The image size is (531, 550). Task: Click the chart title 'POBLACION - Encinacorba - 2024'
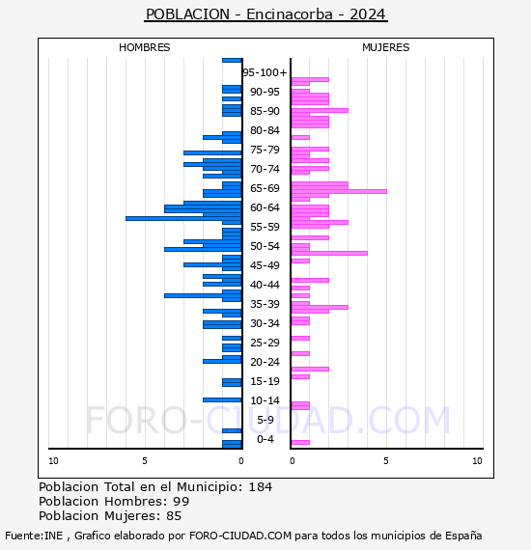pyautogui.click(x=265, y=14)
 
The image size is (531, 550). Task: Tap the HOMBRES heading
pyautogui.click(x=144, y=47)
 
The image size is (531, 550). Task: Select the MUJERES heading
pyautogui.click(x=386, y=47)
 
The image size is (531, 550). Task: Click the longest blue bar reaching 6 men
pyautogui.click(x=183, y=218)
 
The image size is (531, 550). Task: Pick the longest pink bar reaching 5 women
pyautogui.click(x=339, y=191)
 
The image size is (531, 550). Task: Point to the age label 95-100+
pyautogui.click(x=265, y=72)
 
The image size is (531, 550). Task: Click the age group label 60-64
pyautogui.click(x=265, y=207)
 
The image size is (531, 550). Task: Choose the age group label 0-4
pyautogui.click(x=265, y=439)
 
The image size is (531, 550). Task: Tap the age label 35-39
pyautogui.click(x=265, y=304)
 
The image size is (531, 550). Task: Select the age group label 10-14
pyautogui.click(x=265, y=400)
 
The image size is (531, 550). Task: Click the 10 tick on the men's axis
pyautogui.click(x=53, y=461)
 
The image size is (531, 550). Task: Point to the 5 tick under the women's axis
pyautogui.click(x=386, y=461)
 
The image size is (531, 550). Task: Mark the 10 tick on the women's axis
pyautogui.click(x=477, y=461)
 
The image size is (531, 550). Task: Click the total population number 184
pyautogui.click(x=260, y=487)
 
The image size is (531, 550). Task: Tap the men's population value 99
pyautogui.click(x=182, y=502)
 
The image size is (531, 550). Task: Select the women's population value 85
pyautogui.click(x=174, y=516)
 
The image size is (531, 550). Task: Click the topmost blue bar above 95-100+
pyautogui.click(x=232, y=61)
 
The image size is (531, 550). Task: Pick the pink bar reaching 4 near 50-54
pyautogui.click(x=329, y=253)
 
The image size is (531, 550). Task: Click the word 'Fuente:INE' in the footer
pyautogui.click(x=34, y=536)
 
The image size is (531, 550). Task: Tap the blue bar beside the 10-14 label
pyautogui.click(x=222, y=399)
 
